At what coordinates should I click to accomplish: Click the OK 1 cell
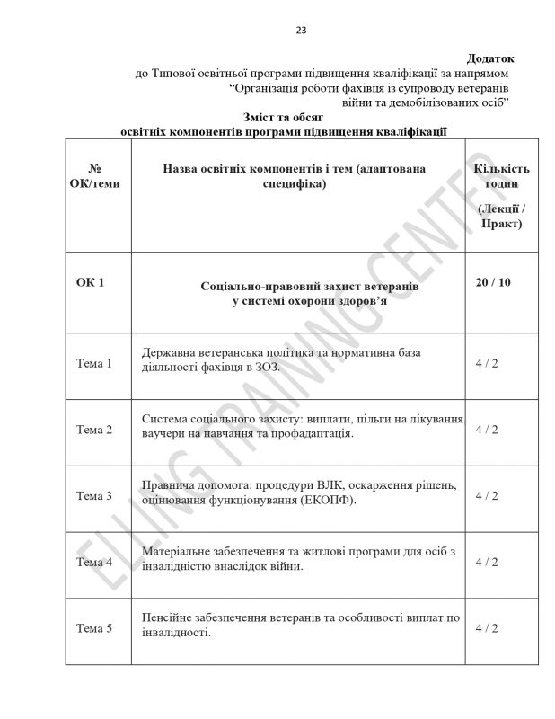pos(90,282)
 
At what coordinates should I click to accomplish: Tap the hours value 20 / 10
pos(492,282)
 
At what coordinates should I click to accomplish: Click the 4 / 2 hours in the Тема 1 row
pos(486,364)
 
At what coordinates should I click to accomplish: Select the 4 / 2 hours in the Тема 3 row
pos(486,495)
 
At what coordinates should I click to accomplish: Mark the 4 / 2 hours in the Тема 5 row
pos(486,627)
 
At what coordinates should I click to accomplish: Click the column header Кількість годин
pos(501,176)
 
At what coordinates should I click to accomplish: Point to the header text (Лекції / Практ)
pos(501,217)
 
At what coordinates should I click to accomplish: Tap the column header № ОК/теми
pos(94,176)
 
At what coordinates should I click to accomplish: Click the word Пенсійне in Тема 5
pos(168,619)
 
